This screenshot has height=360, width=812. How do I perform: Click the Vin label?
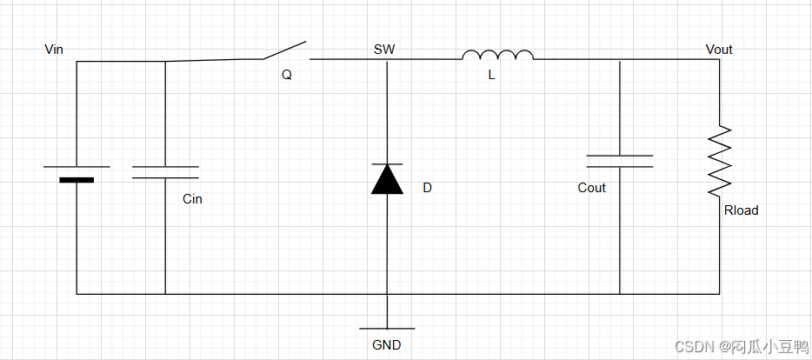(54, 49)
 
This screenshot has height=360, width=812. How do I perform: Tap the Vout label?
(719, 50)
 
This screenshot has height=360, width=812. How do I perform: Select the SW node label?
(384, 50)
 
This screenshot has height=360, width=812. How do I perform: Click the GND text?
(387, 345)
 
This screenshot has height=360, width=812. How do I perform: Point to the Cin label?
(192, 199)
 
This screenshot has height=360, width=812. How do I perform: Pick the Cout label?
(591, 188)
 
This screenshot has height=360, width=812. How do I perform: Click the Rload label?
(741, 210)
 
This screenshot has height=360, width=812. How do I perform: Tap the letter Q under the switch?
(287, 75)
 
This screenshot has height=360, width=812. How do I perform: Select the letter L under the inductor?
(491, 76)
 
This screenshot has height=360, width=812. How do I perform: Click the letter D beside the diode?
(427, 188)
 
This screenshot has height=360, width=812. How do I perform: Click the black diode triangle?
(387, 179)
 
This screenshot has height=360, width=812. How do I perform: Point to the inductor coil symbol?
(497, 56)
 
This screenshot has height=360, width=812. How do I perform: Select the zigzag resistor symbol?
(720, 160)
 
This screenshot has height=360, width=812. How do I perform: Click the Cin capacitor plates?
(165, 171)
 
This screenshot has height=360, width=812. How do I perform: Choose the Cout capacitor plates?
(620, 161)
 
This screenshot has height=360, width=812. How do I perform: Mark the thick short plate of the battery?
(77, 180)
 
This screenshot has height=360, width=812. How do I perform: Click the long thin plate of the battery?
(77, 165)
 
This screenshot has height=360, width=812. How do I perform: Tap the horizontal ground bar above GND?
(387, 329)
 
